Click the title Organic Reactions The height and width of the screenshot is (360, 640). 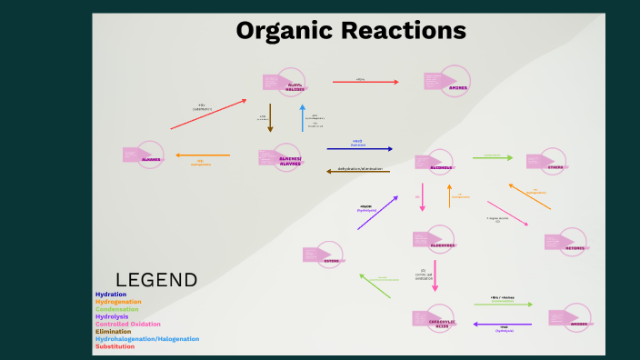(x=351, y=30)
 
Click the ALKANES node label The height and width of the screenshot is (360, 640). (x=150, y=159)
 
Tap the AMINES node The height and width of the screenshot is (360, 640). (x=458, y=87)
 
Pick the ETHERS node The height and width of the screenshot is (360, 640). (x=555, y=167)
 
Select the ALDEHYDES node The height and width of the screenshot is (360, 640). (x=441, y=245)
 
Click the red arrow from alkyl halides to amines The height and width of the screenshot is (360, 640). (x=365, y=83)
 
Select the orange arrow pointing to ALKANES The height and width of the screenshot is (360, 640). (x=202, y=155)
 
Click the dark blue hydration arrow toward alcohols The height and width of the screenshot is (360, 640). (x=359, y=148)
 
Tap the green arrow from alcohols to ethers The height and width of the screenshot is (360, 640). (x=492, y=158)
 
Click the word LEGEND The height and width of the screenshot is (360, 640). (x=156, y=280)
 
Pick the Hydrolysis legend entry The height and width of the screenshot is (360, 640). (x=112, y=316)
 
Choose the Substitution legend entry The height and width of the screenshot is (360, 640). (x=115, y=346)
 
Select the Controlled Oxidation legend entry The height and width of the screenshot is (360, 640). (x=127, y=324)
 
